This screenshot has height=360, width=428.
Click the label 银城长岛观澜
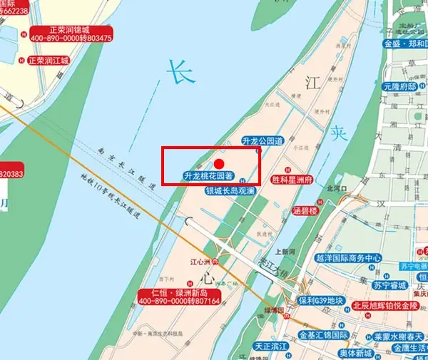pyautogui.click(x=230, y=191)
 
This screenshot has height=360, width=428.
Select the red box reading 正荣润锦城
pyautogui.click(x=71, y=33)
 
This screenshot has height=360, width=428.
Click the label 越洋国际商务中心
pyautogui.click(x=349, y=257)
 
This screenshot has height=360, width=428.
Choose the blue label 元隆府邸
pyautogui.click(x=399, y=86)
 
